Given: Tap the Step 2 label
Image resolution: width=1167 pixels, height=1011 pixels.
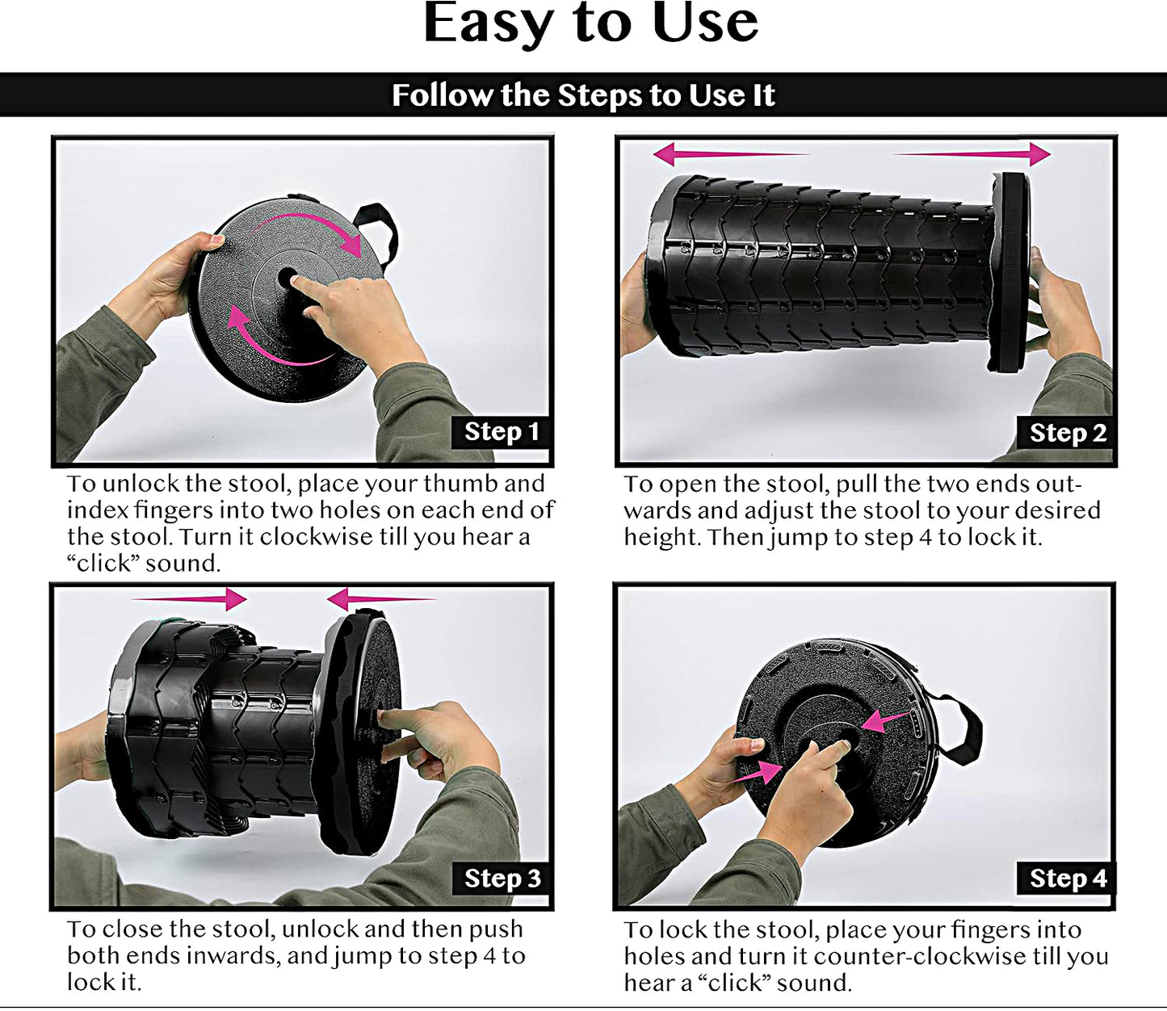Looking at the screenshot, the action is coord(1067,434).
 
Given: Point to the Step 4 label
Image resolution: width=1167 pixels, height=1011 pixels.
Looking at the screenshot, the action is coord(1067,879).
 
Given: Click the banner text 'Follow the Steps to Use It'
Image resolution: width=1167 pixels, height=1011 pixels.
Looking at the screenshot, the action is coord(583,94).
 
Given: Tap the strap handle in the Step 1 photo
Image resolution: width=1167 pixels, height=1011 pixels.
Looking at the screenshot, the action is coord(377,233).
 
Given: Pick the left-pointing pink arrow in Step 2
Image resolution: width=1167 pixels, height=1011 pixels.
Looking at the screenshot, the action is coord(731,153).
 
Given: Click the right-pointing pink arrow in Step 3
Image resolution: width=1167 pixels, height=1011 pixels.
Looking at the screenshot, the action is coord(188,599).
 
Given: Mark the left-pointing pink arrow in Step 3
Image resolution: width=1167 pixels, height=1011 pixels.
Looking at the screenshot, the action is coord(382,599).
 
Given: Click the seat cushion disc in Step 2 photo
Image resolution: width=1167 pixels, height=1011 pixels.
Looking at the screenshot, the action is coord(1010,272).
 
